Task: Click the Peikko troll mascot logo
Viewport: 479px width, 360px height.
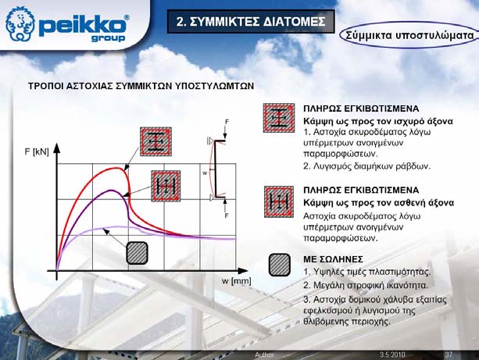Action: point(20,23)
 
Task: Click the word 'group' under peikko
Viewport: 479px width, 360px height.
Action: point(108,38)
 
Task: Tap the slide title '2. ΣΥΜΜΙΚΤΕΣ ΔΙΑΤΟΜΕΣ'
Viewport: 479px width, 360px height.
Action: point(251,22)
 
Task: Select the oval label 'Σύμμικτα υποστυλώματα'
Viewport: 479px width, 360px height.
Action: point(409,35)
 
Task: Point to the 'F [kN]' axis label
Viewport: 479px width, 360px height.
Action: point(37,151)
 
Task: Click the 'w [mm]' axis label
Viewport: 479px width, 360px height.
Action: point(237,281)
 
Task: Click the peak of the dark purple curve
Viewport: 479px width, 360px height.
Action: point(111,191)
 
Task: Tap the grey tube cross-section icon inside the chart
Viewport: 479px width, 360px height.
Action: point(138,253)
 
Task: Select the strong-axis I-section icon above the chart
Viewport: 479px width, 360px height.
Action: point(155,141)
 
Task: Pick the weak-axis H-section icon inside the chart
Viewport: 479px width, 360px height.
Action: point(166,186)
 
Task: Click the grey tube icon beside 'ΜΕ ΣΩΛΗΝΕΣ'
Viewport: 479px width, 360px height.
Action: point(280,265)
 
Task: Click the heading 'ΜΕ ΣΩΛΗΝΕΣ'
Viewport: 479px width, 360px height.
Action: point(334,259)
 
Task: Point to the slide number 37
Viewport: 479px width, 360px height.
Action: point(449,355)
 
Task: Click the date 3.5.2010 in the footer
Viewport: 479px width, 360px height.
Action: point(392,355)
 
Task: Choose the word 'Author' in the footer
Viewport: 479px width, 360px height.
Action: point(265,355)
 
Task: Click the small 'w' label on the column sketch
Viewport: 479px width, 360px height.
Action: point(205,173)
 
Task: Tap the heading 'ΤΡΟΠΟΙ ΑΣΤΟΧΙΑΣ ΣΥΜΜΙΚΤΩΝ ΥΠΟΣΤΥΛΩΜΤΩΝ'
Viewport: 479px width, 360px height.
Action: point(141,86)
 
